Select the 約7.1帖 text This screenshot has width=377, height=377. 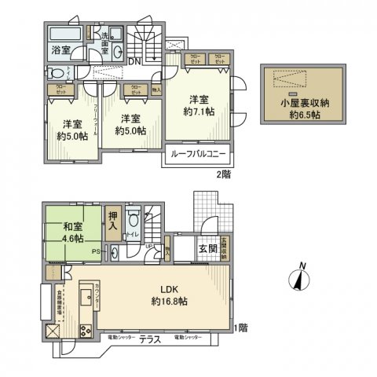(x=198, y=112)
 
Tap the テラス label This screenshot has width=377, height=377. (x=149, y=339)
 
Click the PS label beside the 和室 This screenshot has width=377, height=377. (x=95, y=252)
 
